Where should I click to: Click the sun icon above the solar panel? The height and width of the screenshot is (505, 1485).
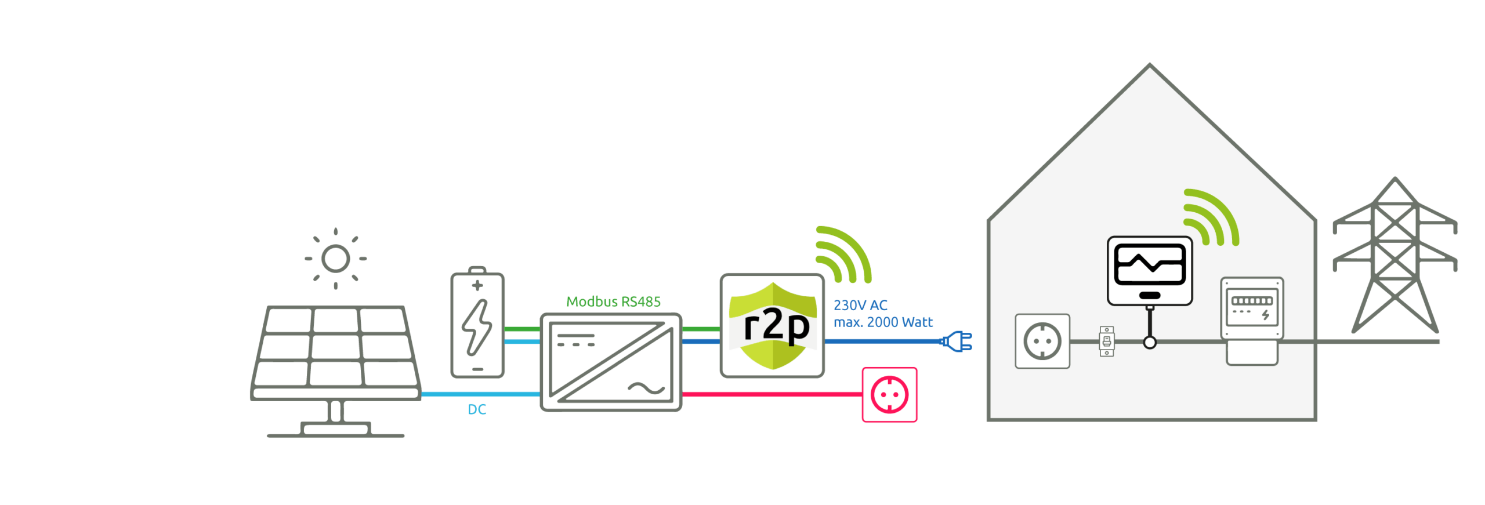point(335,259)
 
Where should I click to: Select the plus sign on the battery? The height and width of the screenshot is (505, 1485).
point(477,285)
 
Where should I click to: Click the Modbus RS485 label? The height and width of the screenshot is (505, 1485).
point(613,301)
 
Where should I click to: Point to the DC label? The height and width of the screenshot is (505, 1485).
point(476,409)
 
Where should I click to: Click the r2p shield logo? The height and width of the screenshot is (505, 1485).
point(772,326)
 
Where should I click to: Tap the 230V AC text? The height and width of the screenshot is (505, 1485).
point(860,305)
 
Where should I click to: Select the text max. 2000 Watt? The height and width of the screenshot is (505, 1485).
point(883,322)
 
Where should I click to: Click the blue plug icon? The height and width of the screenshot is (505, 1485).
point(957,341)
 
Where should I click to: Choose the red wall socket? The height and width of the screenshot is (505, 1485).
point(889,395)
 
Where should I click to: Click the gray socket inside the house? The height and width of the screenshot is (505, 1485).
point(1042,341)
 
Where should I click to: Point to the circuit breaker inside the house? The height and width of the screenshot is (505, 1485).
point(1106,341)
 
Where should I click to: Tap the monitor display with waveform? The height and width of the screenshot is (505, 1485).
point(1149,270)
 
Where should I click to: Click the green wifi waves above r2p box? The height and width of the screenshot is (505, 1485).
point(842,255)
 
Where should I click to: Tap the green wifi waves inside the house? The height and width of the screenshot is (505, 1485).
point(1210,218)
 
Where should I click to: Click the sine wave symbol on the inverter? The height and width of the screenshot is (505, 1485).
point(646,388)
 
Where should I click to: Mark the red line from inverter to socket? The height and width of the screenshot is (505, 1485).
point(772,394)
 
